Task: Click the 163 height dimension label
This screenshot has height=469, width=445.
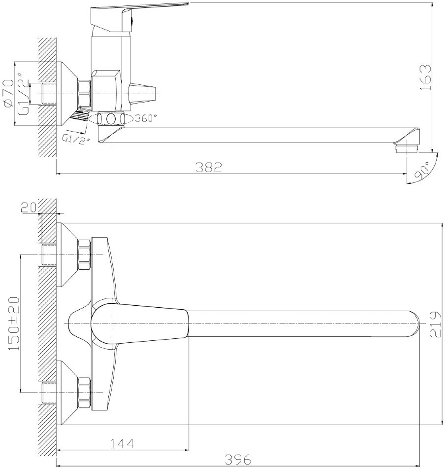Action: click(x=426, y=77)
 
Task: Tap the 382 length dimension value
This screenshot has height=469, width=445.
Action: click(x=209, y=167)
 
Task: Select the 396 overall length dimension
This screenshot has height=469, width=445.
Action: click(x=238, y=459)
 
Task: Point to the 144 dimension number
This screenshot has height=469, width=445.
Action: click(x=123, y=443)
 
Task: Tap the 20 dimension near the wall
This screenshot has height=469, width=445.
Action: click(x=29, y=207)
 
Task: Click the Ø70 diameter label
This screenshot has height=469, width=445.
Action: click(x=7, y=93)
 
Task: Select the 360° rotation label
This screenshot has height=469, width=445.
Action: click(x=146, y=118)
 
